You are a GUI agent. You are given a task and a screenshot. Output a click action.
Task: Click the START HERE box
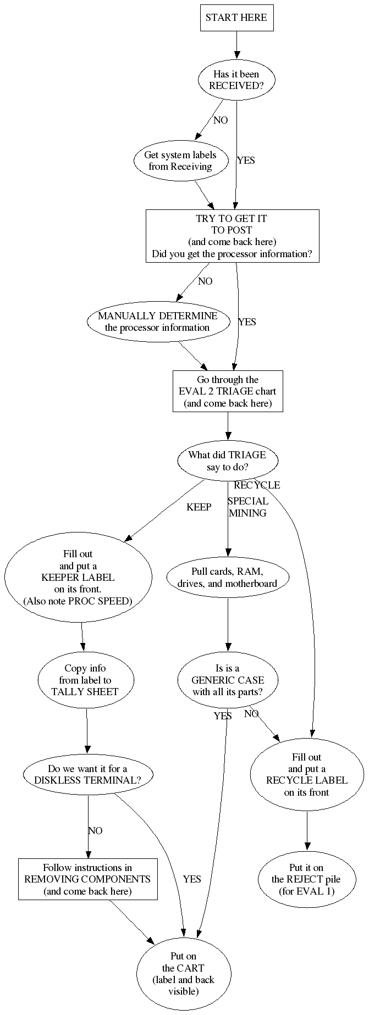[236, 18]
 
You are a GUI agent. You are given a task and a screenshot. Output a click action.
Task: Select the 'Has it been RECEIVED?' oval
[236, 80]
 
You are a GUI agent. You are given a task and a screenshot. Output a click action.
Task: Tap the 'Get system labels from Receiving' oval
[180, 160]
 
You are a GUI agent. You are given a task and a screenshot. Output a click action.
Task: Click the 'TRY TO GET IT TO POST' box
[232, 236]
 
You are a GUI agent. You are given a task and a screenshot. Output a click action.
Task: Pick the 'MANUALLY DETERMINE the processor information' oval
[157, 321]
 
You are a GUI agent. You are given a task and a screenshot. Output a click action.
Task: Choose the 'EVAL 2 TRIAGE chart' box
[228, 391]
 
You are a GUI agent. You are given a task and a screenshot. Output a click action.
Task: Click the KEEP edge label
[199, 507]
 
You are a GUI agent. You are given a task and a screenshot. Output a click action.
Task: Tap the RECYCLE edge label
[257, 485]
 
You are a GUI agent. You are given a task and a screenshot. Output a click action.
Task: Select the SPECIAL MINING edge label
[247, 507]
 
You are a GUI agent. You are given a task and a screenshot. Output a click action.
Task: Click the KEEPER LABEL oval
[78, 577]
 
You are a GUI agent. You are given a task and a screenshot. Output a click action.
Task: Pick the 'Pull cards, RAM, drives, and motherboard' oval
[227, 577]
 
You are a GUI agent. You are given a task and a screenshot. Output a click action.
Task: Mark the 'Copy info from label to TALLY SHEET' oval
[85, 680]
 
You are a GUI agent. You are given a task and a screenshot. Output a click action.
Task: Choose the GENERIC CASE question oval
[228, 680]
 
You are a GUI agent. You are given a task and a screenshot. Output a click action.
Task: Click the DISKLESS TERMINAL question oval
[88, 774]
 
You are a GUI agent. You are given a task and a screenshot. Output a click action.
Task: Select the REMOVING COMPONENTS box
[87, 879]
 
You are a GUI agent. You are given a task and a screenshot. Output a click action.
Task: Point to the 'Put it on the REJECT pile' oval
[306, 879]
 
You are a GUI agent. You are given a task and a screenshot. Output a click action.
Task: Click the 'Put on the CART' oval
[183, 973]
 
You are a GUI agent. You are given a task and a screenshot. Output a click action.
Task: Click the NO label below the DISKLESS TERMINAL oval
[95, 830]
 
